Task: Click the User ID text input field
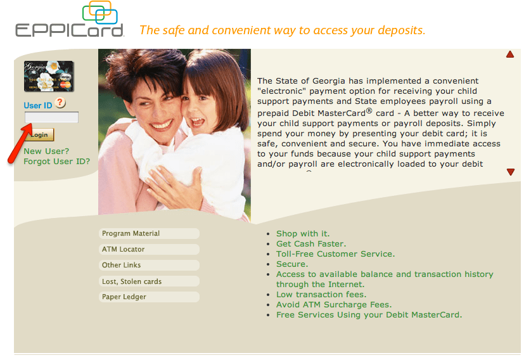point(51,117)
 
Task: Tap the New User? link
point(46,151)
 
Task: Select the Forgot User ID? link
point(56,161)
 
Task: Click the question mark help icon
point(60,103)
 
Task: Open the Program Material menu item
point(149,234)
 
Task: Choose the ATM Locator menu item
point(149,250)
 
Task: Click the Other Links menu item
point(149,266)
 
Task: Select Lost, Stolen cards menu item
point(149,281)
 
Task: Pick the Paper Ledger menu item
point(149,297)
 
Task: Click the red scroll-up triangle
point(510,55)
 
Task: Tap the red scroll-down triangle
point(510,172)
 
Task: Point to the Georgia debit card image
point(49,76)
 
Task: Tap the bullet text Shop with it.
point(303,234)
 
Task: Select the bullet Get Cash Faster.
point(311,244)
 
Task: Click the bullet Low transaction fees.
point(321,295)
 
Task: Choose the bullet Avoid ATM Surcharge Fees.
point(334,305)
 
